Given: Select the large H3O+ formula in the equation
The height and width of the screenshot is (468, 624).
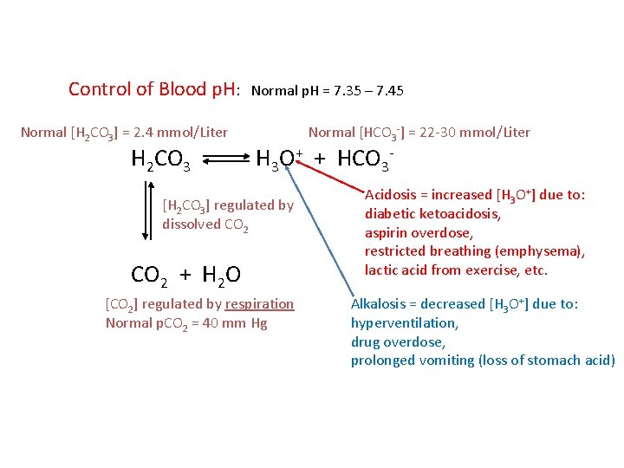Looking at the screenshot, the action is (279, 159).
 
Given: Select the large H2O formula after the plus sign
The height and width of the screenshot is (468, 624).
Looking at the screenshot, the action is (221, 276).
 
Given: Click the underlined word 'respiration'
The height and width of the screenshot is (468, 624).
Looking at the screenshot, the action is (259, 304).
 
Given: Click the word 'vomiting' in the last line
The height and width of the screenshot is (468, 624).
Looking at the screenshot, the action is (445, 361).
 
